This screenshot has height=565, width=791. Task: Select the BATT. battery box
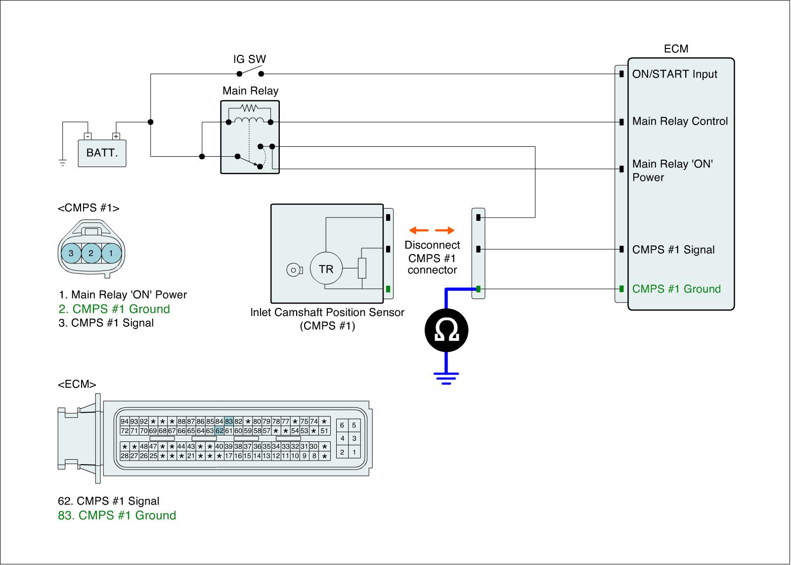pos(102,153)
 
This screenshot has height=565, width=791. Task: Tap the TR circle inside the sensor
pos(326,269)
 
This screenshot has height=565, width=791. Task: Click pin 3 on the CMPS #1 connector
pos(71,253)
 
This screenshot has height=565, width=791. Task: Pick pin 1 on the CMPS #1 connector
pos(111,253)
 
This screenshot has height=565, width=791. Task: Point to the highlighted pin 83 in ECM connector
pos(229,422)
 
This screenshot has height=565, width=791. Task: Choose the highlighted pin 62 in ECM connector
pos(220,431)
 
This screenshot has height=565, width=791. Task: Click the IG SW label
pos(250,59)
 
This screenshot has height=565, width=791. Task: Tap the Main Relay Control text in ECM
pos(680,122)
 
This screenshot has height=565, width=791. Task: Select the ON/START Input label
pos(674,74)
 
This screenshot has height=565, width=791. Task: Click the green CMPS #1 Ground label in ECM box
pos(676,289)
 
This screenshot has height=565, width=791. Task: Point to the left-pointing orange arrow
pos(419,230)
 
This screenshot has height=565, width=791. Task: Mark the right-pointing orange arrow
pos(445,230)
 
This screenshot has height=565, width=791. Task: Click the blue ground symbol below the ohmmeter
pos(446,378)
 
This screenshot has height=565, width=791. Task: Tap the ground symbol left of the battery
pos(63,162)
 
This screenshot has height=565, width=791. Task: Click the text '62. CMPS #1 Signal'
pos(109,501)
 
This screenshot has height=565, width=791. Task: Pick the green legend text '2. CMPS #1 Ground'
pos(114,309)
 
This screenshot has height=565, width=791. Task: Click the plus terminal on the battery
pos(116,136)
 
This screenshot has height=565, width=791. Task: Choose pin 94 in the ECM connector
pos(125,422)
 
